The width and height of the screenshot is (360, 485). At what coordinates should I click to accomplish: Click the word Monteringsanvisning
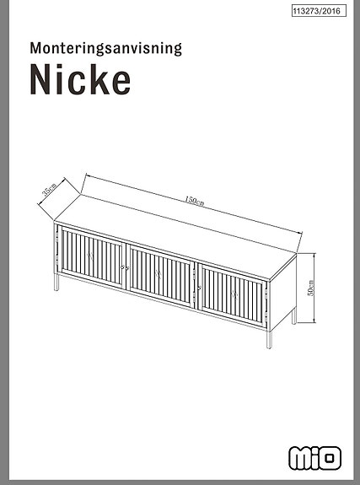pos(105,48)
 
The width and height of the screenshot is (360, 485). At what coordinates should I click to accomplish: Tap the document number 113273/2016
pos(317,12)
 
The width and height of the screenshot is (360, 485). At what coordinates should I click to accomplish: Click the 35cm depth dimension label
pos(50,190)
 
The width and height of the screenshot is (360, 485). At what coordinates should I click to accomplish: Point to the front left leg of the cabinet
pos(56,283)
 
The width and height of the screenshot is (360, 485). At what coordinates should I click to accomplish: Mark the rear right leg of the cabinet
pos(293,317)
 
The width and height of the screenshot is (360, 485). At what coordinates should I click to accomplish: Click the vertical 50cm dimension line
pos(303,287)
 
